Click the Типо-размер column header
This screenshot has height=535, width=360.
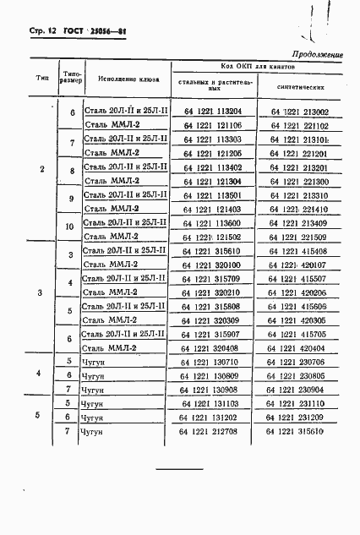(71, 79)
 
